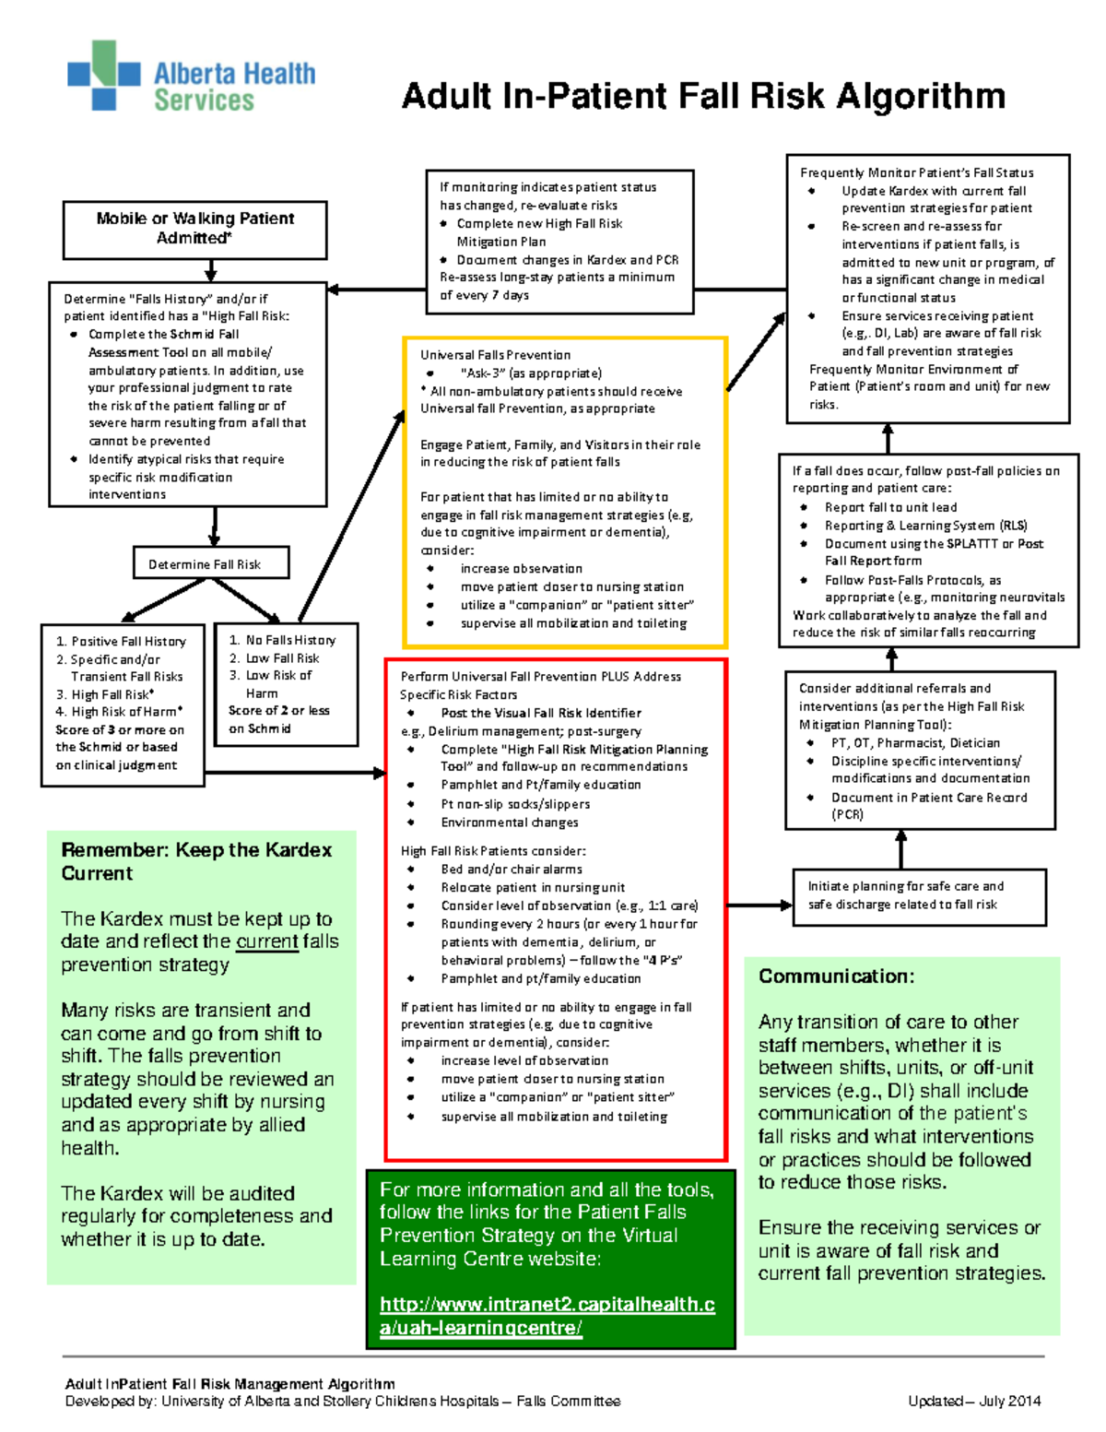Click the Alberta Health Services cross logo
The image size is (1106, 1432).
[x=103, y=75]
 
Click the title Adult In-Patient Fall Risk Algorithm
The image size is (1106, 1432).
[x=702, y=96]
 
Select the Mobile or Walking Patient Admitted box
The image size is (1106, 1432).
[x=194, y=228]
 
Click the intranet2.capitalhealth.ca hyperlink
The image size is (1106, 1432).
[x=547, y=1316]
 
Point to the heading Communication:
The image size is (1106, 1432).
[x=836, y=976]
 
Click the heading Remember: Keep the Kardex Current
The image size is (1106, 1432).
[x=196, y=861]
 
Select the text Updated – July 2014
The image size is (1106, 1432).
[x=974, y=1401]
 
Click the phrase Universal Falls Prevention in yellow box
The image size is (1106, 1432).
[x=495, y=355]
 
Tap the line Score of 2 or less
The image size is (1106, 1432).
[x=278, y=711]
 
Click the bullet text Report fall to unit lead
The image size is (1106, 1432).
[x=890, y=507]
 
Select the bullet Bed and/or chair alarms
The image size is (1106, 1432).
[x=512, y=869]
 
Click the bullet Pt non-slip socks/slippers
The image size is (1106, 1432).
[x=515, y=804]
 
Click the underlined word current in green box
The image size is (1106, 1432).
[x=267, y=941]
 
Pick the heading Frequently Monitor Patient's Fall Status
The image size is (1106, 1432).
[x=916, y=172]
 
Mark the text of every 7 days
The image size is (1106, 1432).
[x=484, y=295]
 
